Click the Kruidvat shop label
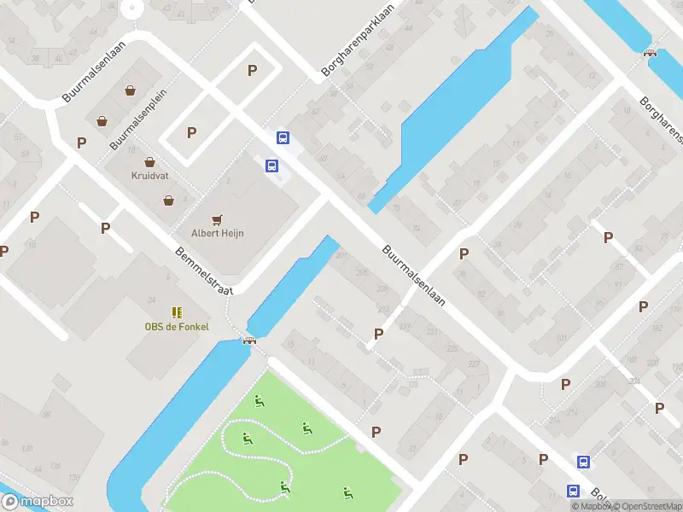point(149,176)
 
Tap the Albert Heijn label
point(218,233)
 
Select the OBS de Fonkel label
point(176,326)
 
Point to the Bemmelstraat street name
point(204,271)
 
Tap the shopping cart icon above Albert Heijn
point(218,219)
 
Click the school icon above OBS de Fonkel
point(176,312)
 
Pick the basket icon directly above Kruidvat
point(149,161)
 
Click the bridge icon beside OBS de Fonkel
point(250,341)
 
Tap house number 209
point(382,289)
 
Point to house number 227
point(472,364)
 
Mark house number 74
point(416,229)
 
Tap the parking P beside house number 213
point(378,334)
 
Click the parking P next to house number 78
point(464,253)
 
